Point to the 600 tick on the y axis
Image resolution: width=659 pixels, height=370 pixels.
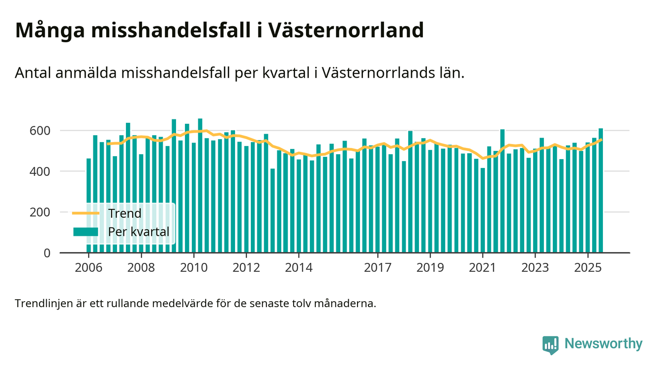pyautogui.click(x=40, y=131)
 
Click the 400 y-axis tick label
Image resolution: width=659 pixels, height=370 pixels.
pyautogui.click(x=40, y=171)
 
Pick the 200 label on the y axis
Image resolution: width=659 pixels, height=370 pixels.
pyautogui.click(x=40, y=212)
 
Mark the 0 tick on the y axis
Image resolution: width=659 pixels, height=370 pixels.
pyautogui.click(x=47, y=253)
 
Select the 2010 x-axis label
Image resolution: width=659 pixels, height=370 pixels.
pyautogui.click(x=194, y=268)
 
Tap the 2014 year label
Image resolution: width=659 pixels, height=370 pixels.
pyautogui.click(x=299, y=268)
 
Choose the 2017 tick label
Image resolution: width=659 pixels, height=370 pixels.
pyautogui.click(x=378, y=268)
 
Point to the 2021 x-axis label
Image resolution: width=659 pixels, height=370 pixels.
pyautogui.click(x=483, y=268)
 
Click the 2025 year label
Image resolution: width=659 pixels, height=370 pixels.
pyautogui.click(x=588, y=268)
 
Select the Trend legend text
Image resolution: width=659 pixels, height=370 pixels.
pyautogui.click(x=124, y=213)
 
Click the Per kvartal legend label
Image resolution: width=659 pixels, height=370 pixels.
pyautogui.click(x=138, y=231)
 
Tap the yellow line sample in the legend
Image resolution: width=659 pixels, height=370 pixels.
pyautogui.click(x=86, y=213)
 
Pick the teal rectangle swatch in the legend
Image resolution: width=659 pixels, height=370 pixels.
pyautogui.click(x=86, y=231)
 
